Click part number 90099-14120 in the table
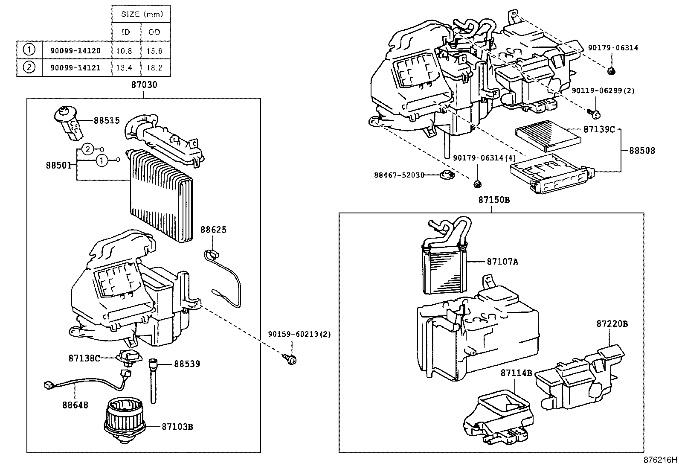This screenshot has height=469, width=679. (x=75, y=51)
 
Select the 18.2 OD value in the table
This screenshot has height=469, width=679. (x=154, y=68)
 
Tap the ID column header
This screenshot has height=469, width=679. (x=126, y=32)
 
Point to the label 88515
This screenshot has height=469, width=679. (x=107, y=121)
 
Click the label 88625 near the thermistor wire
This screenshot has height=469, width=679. (x=213, y=230)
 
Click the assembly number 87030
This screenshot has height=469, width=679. (x=144, y=85)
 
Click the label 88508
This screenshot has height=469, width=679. (x=641, y=150)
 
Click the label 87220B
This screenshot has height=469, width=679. (x=612, y=324)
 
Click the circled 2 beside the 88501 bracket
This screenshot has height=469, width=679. (x=87, y=149)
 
